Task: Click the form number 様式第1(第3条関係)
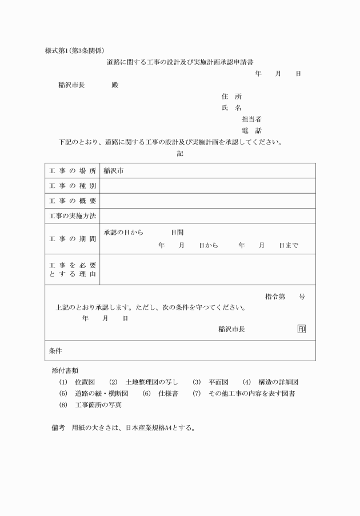click(x=74, y=50)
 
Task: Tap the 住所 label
click(x=231, y=97)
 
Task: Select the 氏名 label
click(x=231, y=108)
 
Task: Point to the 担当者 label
click(x=251, y=119)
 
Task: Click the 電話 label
click(x=251, y=131)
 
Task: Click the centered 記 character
click(x=180, y=154)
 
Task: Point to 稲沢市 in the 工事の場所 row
click(x=114, y=171)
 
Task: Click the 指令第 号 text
click(x=285, y=297)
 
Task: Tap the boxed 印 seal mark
click(x=301, y=329)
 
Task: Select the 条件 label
click(x=55, y=351)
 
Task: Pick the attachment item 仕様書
click(x=166, y=394)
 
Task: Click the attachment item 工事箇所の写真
click(x=98, y=405)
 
